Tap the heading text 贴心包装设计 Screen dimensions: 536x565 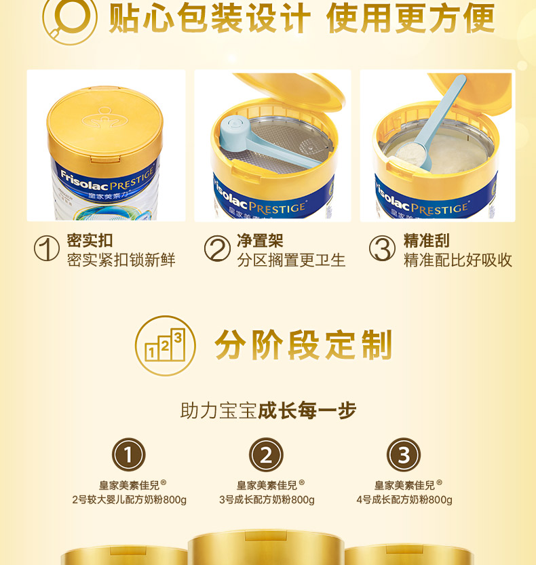pyautogui.click(x=210, y=18)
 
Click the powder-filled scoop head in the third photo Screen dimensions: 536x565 pyautogui.click(x=410, y=154)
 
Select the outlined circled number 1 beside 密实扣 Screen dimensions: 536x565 pyautogui.click(x=47, y=248)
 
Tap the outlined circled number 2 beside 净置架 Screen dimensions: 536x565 pyautogui.click(x=217, y=248)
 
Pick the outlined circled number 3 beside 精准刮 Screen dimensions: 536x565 pyautogui.click(x=382, y=248)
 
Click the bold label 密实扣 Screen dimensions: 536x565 pyautogui.click(x=90, y=240)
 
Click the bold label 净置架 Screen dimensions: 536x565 pyautogui.click(x=260, y=240)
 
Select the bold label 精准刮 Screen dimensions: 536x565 pyautogui.click(x=426, y=240)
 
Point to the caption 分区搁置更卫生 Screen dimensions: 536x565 pyautogui.click(x=291, y=260)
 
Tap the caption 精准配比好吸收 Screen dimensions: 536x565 pyautogui.click(x=458, y=260)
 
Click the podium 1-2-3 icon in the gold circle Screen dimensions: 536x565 pyautogui.click(x=165, y=345)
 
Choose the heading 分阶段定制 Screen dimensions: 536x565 pyautogui.click(x=303, y=345)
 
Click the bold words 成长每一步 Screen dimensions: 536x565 pyautogui.click(x=307, y=410)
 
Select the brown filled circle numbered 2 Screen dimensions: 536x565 pyautogui.click(x=266, y=454)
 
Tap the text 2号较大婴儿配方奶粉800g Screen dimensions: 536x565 pyautogui.click(x=129, y=500)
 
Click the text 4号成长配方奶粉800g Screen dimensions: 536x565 pyautogui.click(x=404, y=500)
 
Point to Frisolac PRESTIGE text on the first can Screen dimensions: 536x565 pyautogui.click(x=107, y=179)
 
